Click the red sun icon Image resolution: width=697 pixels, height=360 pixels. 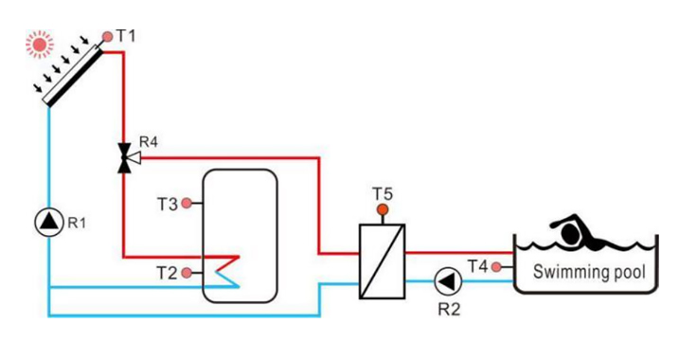[39, 43]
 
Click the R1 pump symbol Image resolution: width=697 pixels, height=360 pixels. [47, 223]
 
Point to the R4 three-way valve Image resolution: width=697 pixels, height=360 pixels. [124, 157]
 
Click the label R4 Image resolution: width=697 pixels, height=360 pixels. [148, 143]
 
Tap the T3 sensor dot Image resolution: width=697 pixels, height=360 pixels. [187, 202]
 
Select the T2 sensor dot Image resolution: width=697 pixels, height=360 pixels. [187, 273]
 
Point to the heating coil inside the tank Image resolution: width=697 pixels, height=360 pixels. [227, 269]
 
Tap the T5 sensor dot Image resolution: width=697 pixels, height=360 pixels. [383, 208]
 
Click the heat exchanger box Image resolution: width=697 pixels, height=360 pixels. [383, 261]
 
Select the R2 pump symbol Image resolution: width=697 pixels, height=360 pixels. [446, 280]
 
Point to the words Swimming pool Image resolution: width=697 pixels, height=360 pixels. [589, 273]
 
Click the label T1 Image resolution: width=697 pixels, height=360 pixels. [126, 36]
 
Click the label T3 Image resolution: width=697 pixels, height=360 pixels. [167, 203]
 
